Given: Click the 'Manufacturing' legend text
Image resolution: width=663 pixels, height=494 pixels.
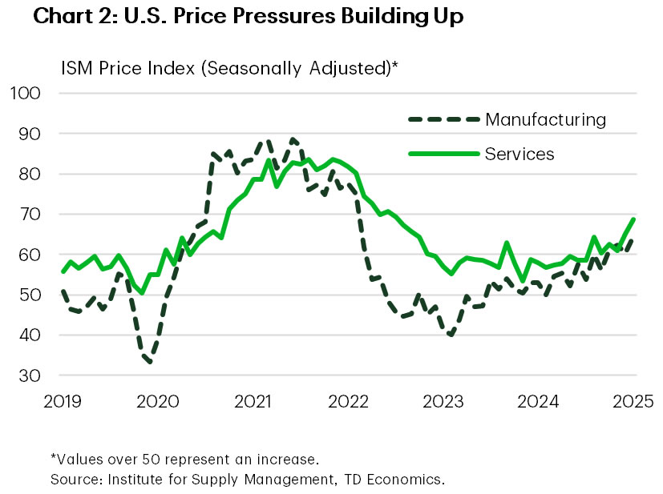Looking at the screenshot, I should pyautogui.click(x=545, y=120).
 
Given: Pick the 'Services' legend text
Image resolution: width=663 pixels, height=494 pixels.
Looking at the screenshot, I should pyautogui.click(x=519, y=153).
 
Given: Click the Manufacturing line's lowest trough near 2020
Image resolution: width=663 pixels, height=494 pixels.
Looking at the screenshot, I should pyautogui.click(x=150, y=362).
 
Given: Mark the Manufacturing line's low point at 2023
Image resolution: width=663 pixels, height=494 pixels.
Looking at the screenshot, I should pyautogui.click(x=451, y=335).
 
